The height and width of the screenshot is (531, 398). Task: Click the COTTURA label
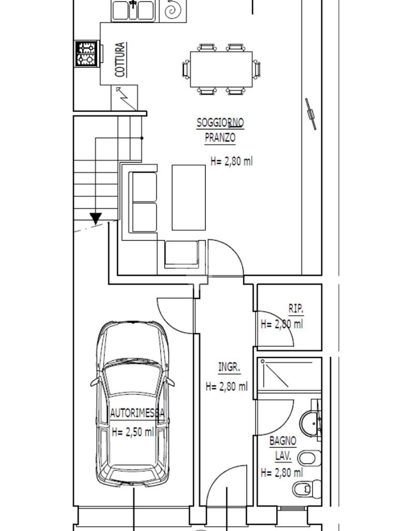(120, 60)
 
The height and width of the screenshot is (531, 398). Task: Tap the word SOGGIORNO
(220, 122)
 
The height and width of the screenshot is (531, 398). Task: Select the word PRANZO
(220, 137)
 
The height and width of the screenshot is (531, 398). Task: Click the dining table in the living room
(221, 69)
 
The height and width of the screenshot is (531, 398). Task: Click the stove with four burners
(87, 53)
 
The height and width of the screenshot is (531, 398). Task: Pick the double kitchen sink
(133, 10)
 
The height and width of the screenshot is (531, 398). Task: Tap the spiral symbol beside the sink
(173, 10)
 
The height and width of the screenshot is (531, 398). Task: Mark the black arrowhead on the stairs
(96, 218)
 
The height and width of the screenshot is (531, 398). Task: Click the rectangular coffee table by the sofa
(189, 198)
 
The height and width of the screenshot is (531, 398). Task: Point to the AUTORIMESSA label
(137, 413)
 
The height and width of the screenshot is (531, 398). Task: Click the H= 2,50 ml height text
(133, 432)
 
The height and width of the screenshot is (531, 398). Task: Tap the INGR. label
(229, 367)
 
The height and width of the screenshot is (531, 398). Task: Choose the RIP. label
(296, 309)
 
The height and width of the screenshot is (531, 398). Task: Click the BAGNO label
(283, 441)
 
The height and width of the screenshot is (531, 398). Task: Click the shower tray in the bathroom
(289, 375)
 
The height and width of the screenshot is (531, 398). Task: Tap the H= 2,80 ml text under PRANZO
(232, 161)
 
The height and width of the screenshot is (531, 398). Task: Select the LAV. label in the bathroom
(283, 456)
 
